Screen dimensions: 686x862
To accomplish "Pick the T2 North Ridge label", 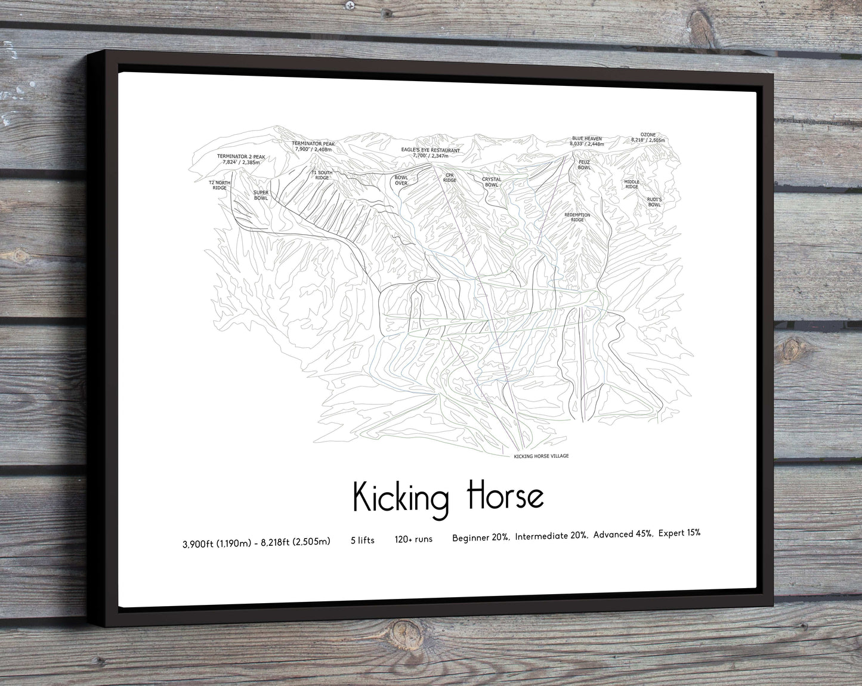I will pos(219,185).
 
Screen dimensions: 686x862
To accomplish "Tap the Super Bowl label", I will pos(261,195).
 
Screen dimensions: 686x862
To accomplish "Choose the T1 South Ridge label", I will pos(322,175).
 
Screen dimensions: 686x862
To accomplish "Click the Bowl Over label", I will pos(401,180).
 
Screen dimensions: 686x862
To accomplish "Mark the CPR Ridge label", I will pos(449,178).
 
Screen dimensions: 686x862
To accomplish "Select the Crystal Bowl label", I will pos(492,182).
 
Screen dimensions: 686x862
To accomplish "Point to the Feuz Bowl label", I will pos(584,165).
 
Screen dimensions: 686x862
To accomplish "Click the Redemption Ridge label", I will pos(577,217).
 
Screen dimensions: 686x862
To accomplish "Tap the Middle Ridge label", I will pos(632,184).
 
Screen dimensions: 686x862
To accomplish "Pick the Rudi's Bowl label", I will pos(654,202).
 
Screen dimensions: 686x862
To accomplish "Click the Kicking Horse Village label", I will pos(541,456).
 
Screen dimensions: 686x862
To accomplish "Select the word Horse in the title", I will pos(505,497).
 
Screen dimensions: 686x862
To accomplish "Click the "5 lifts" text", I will pos(363,540).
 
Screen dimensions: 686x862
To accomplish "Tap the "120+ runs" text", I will pos(413,539).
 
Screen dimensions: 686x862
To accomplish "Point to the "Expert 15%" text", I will pos(679,533).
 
